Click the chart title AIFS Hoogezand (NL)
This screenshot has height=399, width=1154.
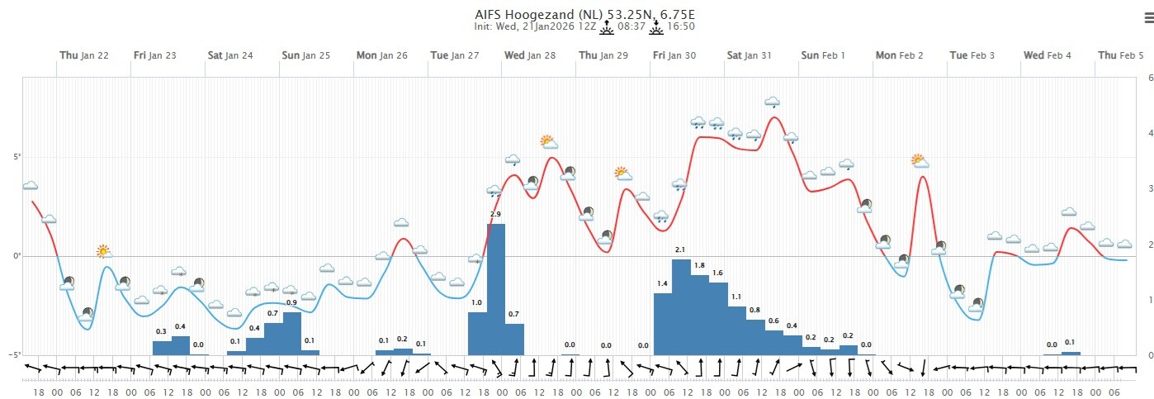pos(527,14)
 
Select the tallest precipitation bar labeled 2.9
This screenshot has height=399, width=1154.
pos(496,289)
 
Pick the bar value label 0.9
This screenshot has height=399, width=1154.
pos(291,303)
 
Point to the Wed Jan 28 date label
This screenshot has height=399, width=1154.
pos(530,55)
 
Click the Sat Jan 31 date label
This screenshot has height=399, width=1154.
pos(749,55)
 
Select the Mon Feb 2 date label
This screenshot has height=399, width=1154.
pos(900,55)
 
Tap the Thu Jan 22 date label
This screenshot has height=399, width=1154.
pos(83,55)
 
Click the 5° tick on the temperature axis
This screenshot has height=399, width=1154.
pos(16,157)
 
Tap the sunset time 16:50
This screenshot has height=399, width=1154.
pos(682,26)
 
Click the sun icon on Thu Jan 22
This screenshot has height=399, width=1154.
pos(103,251)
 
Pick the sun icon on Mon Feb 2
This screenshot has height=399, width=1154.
pos(919,160)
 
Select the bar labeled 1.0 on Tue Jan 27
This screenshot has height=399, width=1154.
pos(478,334)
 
